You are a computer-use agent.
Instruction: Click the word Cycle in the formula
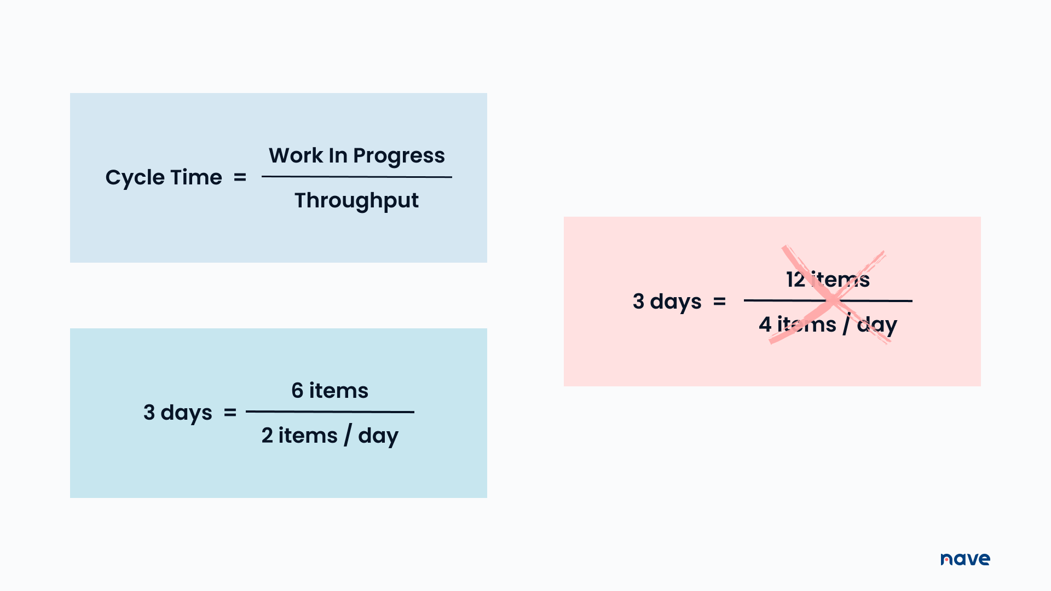pyautogui.click(x=135, y=178)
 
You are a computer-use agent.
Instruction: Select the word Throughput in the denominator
pyautogui.click(x=356, y=201)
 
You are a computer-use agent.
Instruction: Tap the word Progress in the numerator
pyautogui.click(x=399, y=156)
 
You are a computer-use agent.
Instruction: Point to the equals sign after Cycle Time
pyautogui.click(x=240, y=177)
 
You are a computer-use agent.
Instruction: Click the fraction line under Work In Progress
pyautogui.click(x=356, y=177)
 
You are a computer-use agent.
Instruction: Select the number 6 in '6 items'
pyautogui.click(x=297, y=391)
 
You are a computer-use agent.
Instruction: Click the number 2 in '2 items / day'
pyautogui.click(x=267, y=436)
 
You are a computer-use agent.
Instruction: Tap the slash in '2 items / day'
pyautogui.click(x=348, y=436)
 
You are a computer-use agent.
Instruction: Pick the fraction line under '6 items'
pyautogui.click(x=330, y=412)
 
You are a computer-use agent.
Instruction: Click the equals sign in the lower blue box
pyautogui.click(x=230, y=413)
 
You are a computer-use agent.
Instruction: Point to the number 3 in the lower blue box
pyautogui.click(x=149, y=412)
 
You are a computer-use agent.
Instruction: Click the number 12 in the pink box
pyautogui.click(x=795, y=280)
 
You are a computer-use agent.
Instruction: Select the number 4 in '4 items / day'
pyautogui.click(x=765, y=325)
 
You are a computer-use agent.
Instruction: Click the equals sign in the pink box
pyautogui.click(x=719, y=302)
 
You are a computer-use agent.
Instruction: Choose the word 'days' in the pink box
pyautogui.click(x=675, y=302)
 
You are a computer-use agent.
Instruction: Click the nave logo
pyautogui.click(x=965, y=559)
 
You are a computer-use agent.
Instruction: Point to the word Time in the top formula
pyautogui.click(x=196, y=177)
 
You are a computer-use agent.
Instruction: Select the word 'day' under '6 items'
pyautogui.click(x=378, y=436)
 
